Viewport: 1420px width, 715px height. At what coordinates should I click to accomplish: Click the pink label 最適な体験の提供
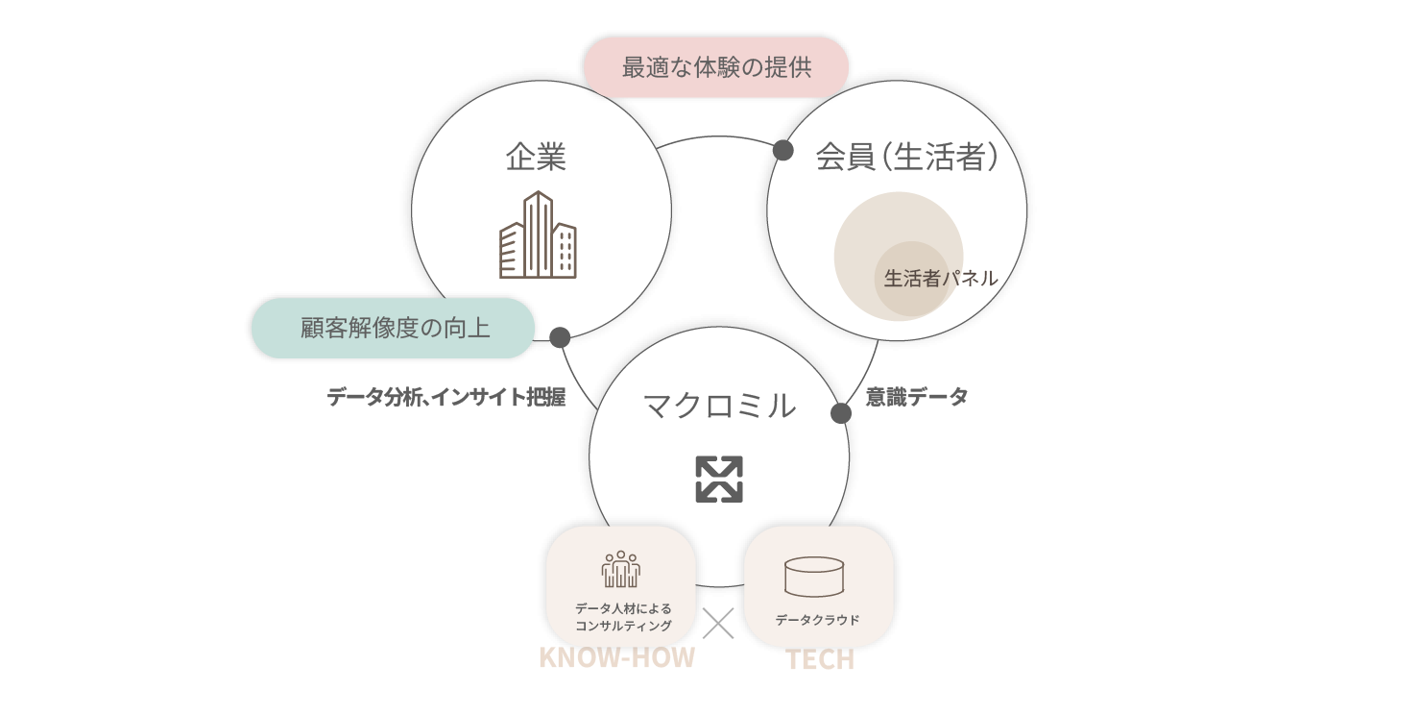coord(716,68)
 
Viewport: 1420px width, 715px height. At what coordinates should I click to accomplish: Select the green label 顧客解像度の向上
coord(394,329)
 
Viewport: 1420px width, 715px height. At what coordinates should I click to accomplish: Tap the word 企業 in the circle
coord(536,157)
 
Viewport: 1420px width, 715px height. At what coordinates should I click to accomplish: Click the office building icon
coord(538,235)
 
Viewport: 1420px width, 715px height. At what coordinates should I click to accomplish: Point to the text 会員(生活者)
coord(906,157)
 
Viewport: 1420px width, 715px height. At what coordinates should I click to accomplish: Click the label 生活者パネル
coord(940,279)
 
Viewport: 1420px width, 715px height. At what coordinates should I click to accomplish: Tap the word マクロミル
coord(719,405)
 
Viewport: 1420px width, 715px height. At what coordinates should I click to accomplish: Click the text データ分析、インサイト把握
coord(445,397)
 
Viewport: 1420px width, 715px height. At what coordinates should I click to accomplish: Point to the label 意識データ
coord(917,396)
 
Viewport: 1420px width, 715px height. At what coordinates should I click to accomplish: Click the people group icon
coord(621,569)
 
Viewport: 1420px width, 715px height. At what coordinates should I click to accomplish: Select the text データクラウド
coord(818,620)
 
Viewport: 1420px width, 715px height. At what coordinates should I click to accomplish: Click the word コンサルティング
coord(623,626)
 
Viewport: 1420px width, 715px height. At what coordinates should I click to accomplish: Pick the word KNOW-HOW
coord(616,658)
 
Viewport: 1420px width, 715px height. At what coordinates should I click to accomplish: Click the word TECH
coord(820,660)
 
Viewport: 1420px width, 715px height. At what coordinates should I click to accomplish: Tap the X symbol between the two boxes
coord(719,624)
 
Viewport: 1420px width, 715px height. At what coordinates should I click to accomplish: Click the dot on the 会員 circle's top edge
coord(782,150)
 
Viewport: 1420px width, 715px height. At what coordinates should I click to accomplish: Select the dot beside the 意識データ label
coord(840,413)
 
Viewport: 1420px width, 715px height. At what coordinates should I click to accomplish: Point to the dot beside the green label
coord(560,337)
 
